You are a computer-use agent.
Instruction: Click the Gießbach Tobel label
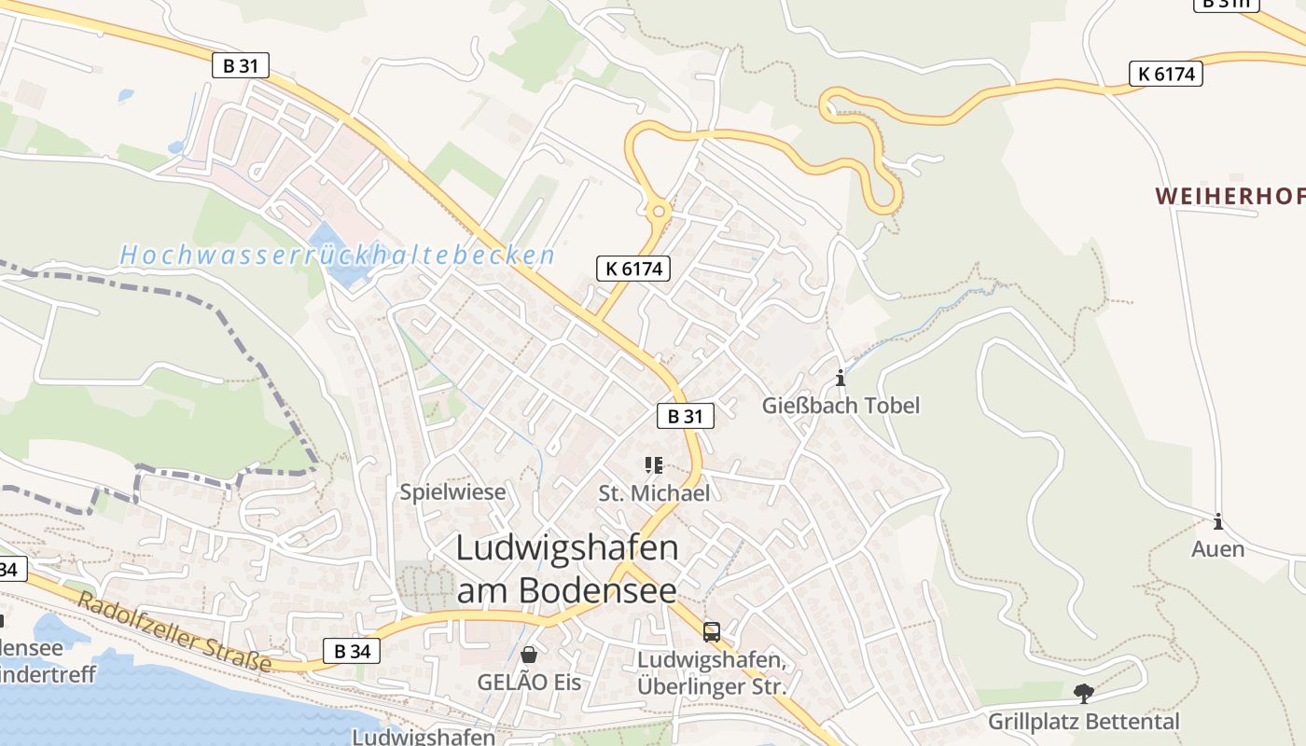tap(841, 406)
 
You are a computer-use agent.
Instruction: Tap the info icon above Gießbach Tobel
tap(841, 378)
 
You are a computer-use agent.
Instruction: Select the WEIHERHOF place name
tap(1230, 196)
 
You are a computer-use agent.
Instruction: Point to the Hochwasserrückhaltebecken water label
tap(338, 255)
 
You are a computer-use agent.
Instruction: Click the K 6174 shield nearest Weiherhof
tap(1165, 74)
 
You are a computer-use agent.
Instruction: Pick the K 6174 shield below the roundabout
tap(633, 269)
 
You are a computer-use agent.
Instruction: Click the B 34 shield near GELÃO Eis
tap(352, 651)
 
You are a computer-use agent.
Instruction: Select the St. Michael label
tap(654, 493)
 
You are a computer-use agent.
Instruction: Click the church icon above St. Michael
tap(654, 464)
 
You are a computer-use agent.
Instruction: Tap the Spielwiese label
tap(452, 492)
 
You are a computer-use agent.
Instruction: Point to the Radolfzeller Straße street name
tap(174, 632)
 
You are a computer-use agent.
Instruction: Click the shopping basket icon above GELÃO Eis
tap(529, 655)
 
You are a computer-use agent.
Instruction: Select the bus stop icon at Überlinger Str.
tap(712, 632)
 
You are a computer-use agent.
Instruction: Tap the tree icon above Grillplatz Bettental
tap(1083, 694)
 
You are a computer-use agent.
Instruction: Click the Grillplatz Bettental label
tap(1083, 722)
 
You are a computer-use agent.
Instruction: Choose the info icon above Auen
tap(1217, 522)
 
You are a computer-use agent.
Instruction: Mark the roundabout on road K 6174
tap(659, 211)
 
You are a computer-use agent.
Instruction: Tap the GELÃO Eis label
tap(529, 683)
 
